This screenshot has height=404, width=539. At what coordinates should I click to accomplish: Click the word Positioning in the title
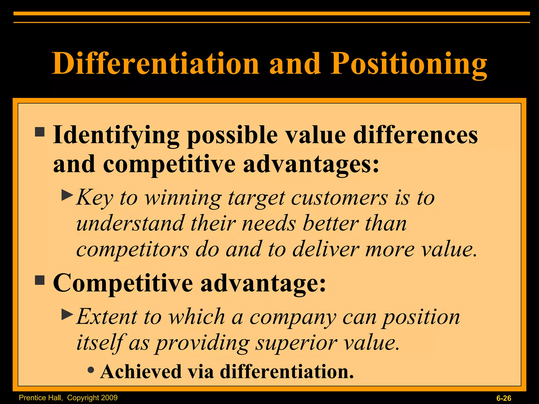pos(408,64)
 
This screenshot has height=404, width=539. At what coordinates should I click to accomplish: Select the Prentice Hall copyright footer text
pos(68,397)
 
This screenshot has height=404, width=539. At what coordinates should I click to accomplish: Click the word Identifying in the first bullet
pos(116,136)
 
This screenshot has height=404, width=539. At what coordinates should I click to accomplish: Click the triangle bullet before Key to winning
pos(67,195)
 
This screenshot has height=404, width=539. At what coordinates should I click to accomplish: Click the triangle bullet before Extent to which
pos(67,314)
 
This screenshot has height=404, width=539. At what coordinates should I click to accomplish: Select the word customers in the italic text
pos(340,198)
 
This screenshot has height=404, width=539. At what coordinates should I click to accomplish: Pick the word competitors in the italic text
pos(132,249)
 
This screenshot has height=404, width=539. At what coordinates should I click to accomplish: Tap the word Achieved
pos(141,371)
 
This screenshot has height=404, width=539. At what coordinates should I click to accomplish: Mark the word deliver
pos(326,249)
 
